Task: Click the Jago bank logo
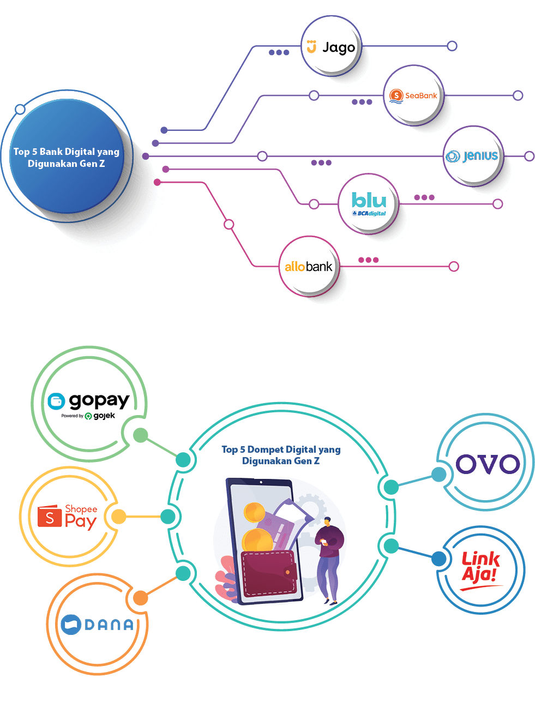click(331, 47)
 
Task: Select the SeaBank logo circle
click(413, 95)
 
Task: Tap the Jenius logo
click(472, 157)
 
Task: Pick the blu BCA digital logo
click(369, 204)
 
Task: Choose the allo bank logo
click(308, 267)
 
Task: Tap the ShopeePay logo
click(68, 516)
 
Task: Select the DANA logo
click(98, 624)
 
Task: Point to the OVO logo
click(488, 464)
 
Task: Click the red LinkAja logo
click(480, 571)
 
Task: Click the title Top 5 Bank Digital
click(66, 158)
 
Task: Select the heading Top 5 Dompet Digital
click(281, 455)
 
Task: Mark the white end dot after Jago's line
click(452, 46)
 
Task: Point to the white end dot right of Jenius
click(529, 157)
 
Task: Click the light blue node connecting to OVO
click(438, 475)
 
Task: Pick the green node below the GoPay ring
click(140, 435)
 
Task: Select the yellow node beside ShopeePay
click(118, 517)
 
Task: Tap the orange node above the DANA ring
click(140, 598)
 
